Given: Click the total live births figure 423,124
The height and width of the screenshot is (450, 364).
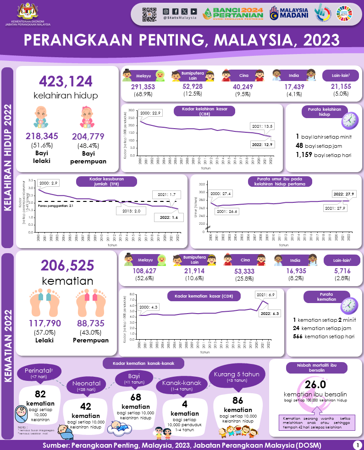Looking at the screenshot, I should [66, 81].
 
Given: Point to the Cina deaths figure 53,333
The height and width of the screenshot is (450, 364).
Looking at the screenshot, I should [244, 271].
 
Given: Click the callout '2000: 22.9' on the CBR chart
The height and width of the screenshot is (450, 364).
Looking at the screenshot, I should [151, 114].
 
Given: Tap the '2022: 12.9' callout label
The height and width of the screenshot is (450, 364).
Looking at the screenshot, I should [262, 144].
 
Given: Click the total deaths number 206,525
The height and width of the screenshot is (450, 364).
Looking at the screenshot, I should [67, 265].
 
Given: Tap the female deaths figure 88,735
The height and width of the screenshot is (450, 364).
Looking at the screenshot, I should [91, 324].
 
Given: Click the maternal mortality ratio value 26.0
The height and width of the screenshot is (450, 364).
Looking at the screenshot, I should [315, 384].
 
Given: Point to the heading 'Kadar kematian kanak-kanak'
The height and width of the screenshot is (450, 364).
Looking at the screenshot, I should [143, 363].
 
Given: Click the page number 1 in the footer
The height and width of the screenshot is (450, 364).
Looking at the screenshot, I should [356, 445].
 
